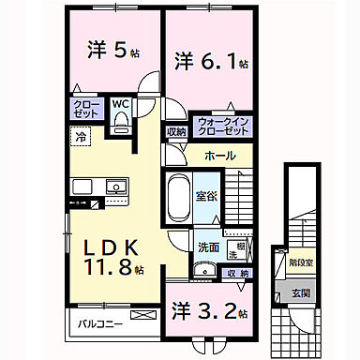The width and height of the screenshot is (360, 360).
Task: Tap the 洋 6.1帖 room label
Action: [x=210, y=63]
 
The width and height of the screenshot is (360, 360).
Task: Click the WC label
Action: [x=122, y=105]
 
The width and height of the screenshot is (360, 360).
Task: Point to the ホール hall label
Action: [x=218, y=156]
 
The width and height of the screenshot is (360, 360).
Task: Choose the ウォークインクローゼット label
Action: [x=222, y=126]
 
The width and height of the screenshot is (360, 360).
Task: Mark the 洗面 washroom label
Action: [x=207, y=247]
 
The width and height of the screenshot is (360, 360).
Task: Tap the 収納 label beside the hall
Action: [x=176, y=132]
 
